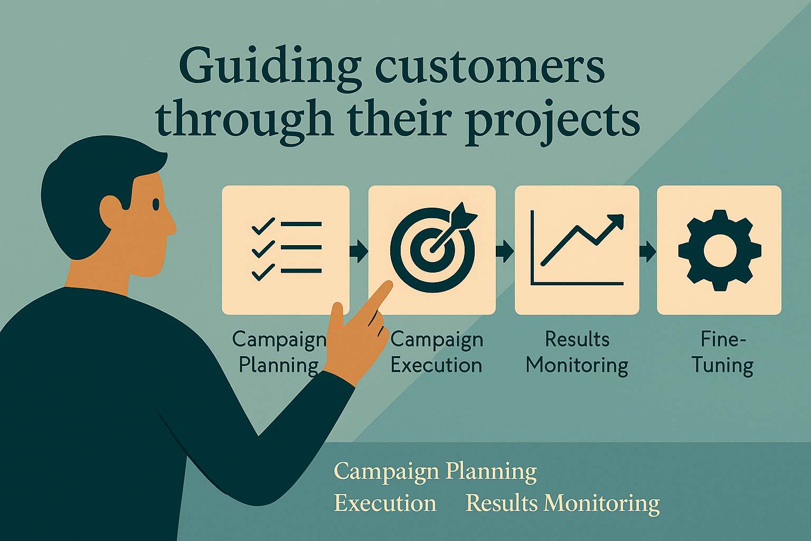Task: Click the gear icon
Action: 720,250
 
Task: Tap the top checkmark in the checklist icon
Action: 263,226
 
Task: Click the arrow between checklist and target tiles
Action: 359,250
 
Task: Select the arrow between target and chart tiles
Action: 505,250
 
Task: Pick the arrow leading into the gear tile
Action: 648,250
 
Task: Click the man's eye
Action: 156,205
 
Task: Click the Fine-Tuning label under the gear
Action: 723,352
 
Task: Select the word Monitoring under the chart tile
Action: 577,365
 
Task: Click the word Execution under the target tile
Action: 436,365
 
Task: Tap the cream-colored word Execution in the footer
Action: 385,503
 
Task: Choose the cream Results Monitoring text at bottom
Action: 563,503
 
